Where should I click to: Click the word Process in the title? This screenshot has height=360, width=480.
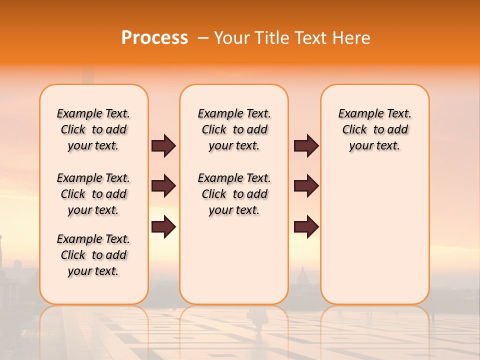[154, 38]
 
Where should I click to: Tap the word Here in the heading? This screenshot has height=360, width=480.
[352, 38]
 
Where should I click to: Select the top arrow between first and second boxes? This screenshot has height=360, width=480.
[163, 145]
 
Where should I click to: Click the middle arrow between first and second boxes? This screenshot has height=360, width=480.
[163, 186]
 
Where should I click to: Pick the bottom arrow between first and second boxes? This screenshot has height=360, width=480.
[163, 227]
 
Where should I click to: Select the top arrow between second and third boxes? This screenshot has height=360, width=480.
[306, 145]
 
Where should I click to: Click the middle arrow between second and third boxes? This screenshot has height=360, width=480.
[306, 186]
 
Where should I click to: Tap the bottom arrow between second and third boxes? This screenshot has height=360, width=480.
[306, 227]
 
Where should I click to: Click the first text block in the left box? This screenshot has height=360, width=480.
[93, 129]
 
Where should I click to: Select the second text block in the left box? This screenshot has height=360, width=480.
[93, 194]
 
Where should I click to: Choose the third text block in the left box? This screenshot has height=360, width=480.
[93, 255]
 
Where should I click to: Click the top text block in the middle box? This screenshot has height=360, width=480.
[234, 129]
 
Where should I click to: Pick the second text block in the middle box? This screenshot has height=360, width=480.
[234, 194]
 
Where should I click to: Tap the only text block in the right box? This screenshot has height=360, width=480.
[374, 129]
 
